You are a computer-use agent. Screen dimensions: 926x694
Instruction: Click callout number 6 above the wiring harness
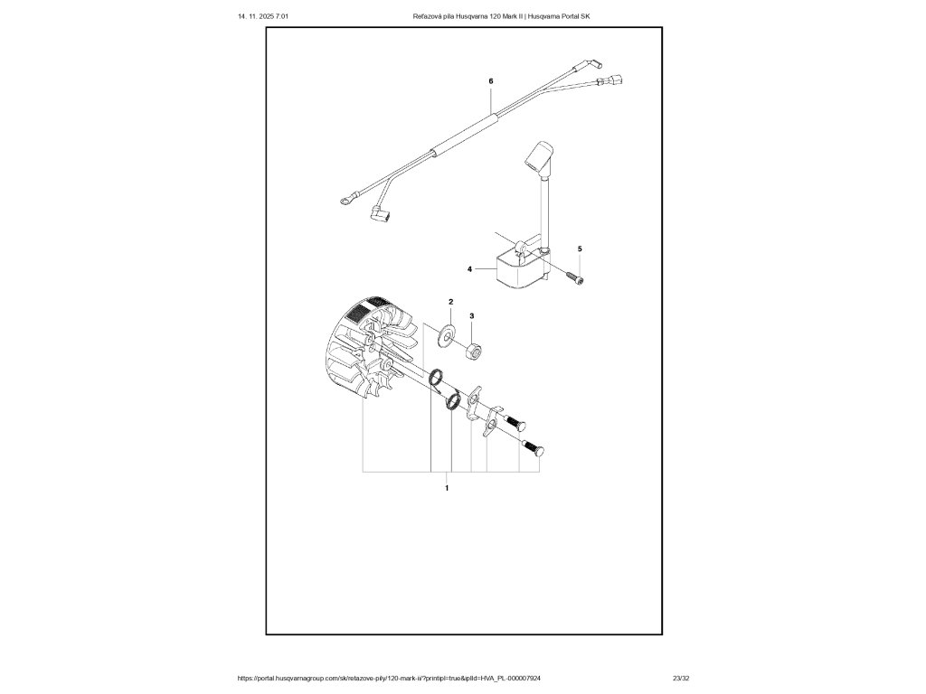point(490,81)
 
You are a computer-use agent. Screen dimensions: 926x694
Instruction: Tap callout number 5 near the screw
point(580,249)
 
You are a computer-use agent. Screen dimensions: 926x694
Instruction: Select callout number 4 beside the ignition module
point(470,269)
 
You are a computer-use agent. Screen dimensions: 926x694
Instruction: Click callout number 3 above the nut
point(470,316)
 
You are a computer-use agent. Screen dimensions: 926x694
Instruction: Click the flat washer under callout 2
point(446,336)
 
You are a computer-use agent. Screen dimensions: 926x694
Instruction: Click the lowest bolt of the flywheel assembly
point(538,447)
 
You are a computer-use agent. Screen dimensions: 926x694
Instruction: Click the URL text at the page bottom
point(389,678)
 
